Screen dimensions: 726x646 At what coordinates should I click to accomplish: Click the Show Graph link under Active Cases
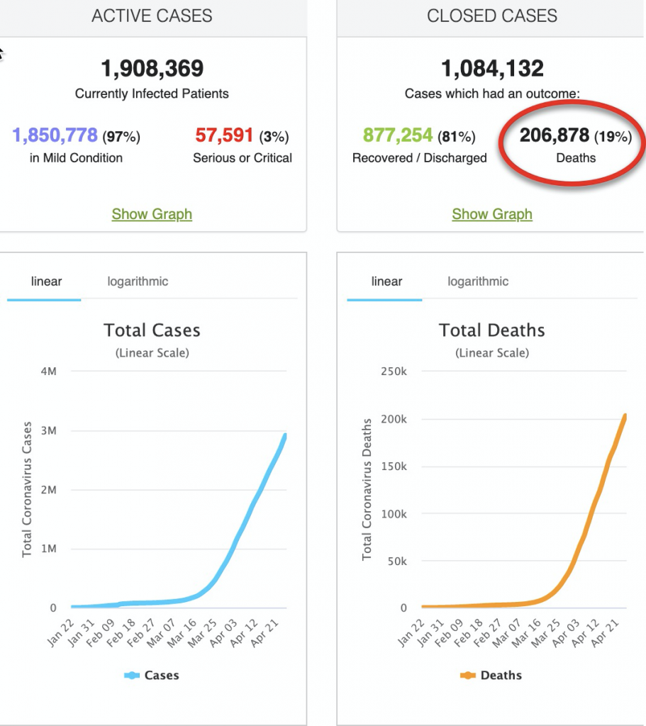tap(152, 214)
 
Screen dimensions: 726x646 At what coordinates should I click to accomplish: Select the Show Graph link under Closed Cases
tap(492, 214)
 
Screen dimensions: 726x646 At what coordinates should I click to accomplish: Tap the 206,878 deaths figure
tap(555, 135)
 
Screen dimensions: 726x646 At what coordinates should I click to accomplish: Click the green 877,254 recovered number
tap(398, 135)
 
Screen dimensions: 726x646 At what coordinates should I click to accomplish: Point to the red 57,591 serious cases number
tap(224, 135)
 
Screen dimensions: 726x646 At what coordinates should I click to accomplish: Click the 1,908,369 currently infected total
tap(152, 69)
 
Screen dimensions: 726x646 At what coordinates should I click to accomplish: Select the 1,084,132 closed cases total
tap(492, 69)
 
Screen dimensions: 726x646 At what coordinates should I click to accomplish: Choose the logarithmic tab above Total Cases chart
tap(138, 281)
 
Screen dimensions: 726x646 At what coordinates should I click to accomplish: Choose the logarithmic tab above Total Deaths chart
tap(478, 281)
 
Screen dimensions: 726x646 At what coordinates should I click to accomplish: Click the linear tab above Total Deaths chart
tap(386, 281)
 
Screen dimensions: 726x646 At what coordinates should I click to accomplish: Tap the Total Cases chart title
tap(152, 330)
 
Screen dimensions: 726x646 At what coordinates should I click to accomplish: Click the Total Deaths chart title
tap(492, 330)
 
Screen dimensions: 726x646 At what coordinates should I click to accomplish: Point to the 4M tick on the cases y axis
tap(49, 372)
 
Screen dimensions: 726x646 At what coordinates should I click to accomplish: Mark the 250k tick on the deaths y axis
tap(394, 372)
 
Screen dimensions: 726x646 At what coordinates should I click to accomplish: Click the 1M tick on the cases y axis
tap(49, 549)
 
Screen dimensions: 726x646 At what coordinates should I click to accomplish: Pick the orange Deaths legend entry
tap(492, 676)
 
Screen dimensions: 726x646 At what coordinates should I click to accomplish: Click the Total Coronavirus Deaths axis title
tap(367, 489)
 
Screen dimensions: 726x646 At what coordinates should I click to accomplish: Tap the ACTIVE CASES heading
tap(152, 16)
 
